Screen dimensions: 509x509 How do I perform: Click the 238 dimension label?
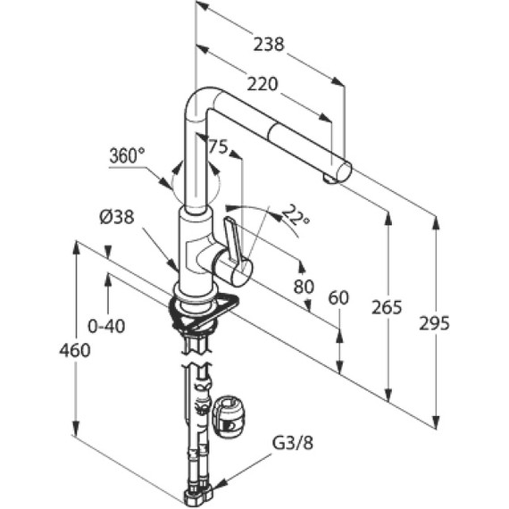click(269, 45)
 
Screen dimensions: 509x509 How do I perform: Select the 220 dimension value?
click(263, 85)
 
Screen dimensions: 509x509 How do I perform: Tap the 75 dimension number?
click(218, 147)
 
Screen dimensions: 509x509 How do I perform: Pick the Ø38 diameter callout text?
click(117, 216)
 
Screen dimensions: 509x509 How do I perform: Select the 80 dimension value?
click(304, 287)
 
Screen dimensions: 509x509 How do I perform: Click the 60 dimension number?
click(338, 298)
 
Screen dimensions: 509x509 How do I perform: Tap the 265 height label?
click(387, 307)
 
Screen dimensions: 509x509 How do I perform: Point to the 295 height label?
click(434, 323)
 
